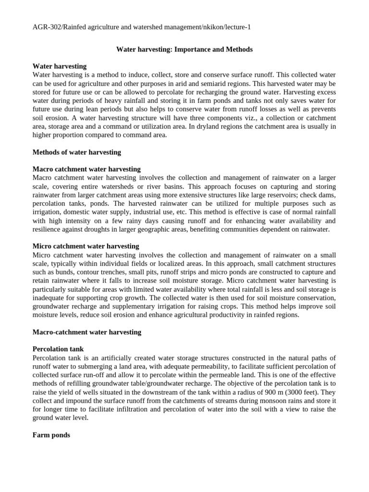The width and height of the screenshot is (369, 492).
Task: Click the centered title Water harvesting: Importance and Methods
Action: [x=184, y=49]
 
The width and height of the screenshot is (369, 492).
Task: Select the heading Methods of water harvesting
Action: [x=76, y=152]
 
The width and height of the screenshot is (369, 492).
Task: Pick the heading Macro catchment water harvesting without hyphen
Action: [x=86, y=169]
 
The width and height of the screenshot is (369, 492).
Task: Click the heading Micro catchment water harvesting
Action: [x=86, y=246]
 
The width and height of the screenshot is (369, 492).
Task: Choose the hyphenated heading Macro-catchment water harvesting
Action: [x=87, y=332]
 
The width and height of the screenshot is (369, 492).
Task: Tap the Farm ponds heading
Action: [x=51, y=435]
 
